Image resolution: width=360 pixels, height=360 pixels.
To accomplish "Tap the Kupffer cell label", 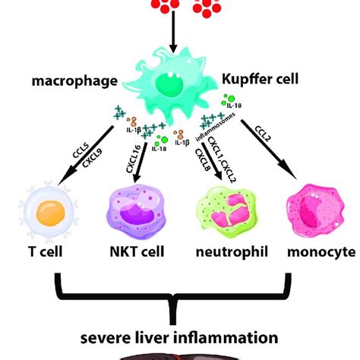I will [261, 78].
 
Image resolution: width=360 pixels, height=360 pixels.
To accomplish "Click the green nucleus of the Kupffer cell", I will [176, 84].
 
